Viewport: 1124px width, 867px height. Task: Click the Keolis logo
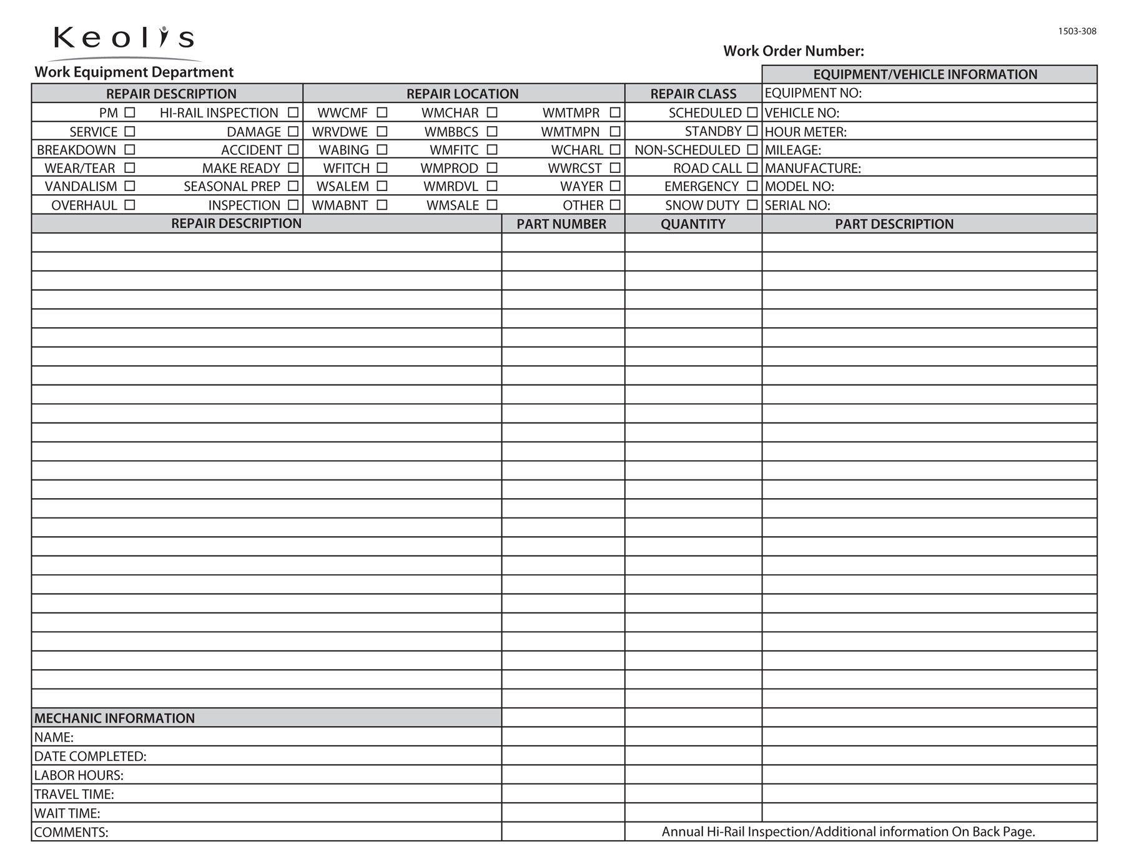click(124, 38)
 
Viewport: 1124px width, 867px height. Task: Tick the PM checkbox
click(130, 112)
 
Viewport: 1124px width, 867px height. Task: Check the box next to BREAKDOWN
click(130, 150)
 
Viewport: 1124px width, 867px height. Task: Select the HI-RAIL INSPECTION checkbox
click(293, 112)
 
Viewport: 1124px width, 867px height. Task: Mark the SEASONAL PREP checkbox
click(293, 186)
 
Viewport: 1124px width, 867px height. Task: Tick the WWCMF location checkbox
click(382, 112)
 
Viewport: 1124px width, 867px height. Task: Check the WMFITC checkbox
click(492, 150)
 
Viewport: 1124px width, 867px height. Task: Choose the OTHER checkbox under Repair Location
click(615, 205)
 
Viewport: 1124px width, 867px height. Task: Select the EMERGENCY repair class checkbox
click(752, 186)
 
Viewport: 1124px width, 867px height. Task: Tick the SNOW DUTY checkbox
click(752, 205)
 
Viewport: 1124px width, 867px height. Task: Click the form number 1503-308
click(1077, 31)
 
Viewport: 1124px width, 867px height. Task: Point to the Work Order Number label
click(793, 51)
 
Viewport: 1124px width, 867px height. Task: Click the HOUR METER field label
click(806, 132)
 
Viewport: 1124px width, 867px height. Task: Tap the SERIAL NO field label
click(797, 205)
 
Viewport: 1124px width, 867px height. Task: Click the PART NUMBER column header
click(561, 224)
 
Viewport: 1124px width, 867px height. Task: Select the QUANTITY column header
click(693, 224)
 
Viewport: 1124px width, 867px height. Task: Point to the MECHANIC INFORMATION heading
click(114, 718)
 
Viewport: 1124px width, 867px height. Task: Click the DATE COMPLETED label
click(90, 757)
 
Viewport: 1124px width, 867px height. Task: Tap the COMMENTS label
click(71, 833)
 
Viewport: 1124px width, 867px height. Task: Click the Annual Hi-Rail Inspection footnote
click(848, 832)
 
